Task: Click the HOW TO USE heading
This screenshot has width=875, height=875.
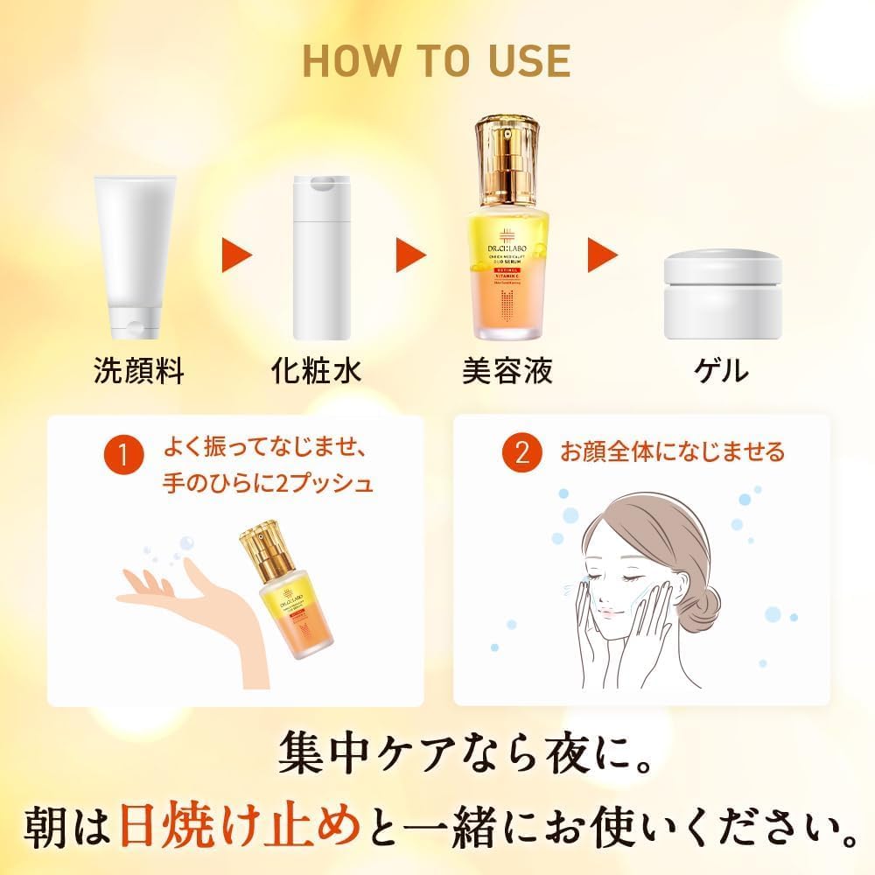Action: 437,59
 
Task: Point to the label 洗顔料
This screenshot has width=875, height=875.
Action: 139,371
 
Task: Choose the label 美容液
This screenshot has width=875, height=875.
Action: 507,371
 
